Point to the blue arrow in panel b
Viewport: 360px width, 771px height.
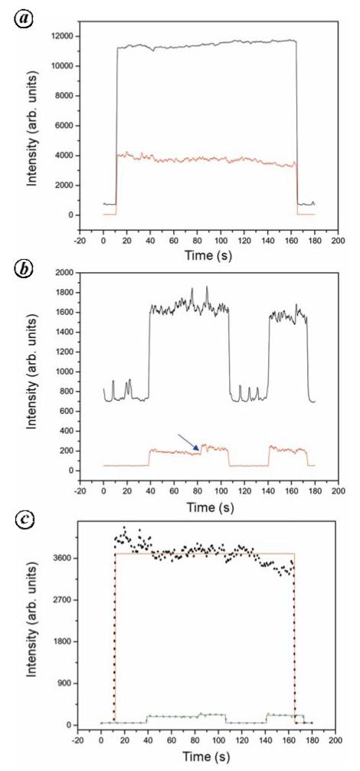187,441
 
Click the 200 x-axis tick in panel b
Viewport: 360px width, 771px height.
335,493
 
